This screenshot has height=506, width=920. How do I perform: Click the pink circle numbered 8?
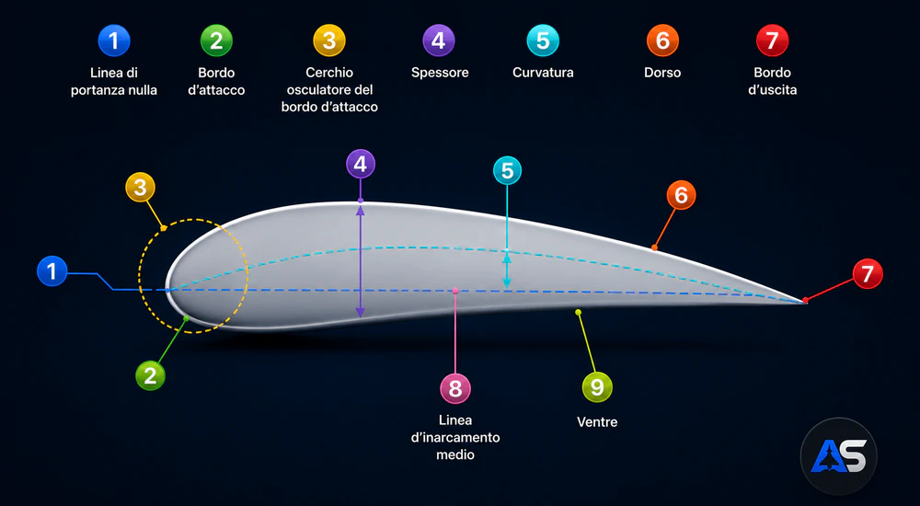point(455,388)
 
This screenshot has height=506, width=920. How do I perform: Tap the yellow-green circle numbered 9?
point(597,386)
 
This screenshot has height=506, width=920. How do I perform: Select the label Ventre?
point(597,422)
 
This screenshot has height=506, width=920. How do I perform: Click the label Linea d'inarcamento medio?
point(455,437)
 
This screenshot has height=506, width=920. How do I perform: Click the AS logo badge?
point(838,456)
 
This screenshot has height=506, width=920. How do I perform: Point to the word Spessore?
point(440,73)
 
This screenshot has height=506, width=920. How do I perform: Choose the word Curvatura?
point(543,73)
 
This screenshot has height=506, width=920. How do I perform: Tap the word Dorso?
point(662,73)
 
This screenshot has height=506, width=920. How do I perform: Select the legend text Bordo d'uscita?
point(772,81)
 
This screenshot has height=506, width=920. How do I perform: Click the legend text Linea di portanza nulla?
point(114,82)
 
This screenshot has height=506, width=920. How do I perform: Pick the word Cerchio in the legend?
point(329,73)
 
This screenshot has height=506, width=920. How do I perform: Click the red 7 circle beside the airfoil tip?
point(868,273)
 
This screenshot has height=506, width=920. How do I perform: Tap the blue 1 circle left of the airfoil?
point(52,271)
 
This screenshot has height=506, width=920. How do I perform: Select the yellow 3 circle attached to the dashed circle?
point(140,188)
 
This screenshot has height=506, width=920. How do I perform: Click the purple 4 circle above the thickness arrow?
point(361,164)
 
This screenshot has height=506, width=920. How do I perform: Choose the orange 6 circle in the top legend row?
point(662,40)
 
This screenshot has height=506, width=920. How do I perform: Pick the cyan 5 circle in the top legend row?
point(543,40)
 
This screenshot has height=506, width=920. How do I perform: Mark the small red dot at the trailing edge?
point(805,301)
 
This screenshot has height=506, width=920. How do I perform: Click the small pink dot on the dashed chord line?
point(455,291)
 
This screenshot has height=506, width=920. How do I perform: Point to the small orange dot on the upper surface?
point(654,247)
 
